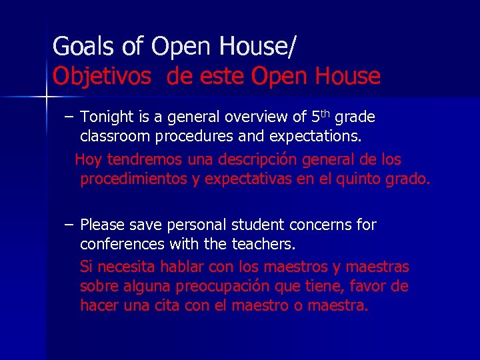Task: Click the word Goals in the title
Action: pos(77,47)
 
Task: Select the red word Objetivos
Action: pos(102,77)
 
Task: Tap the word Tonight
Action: pos(107,118)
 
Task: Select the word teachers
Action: pos(263,244)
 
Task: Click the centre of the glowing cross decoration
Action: pos(47,97)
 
